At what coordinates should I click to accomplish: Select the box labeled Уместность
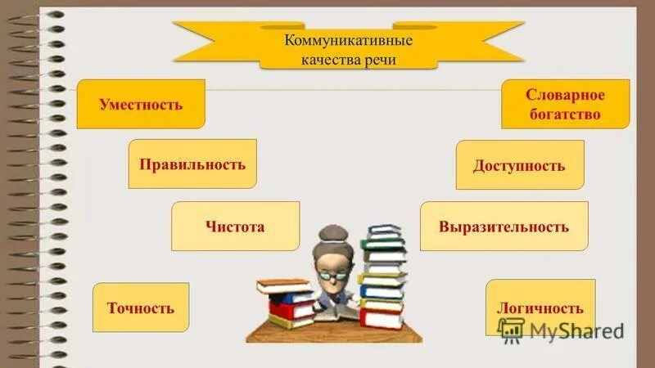tap(141, 104)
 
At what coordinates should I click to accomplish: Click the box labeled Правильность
tap(192, 164)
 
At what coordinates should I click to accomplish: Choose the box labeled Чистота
tap(235, 226)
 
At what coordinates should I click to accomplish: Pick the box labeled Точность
tap(141, 307)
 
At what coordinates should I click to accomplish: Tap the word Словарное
tap(564, 96)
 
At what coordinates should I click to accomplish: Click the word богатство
tap(564, 114)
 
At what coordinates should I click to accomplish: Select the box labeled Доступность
tap(519, 165)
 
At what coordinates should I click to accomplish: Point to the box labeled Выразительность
tap(504, 226)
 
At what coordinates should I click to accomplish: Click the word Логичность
tap(540, 307)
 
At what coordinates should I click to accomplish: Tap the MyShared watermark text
tap(576, 330)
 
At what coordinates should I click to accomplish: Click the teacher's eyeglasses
tap(333, 275)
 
